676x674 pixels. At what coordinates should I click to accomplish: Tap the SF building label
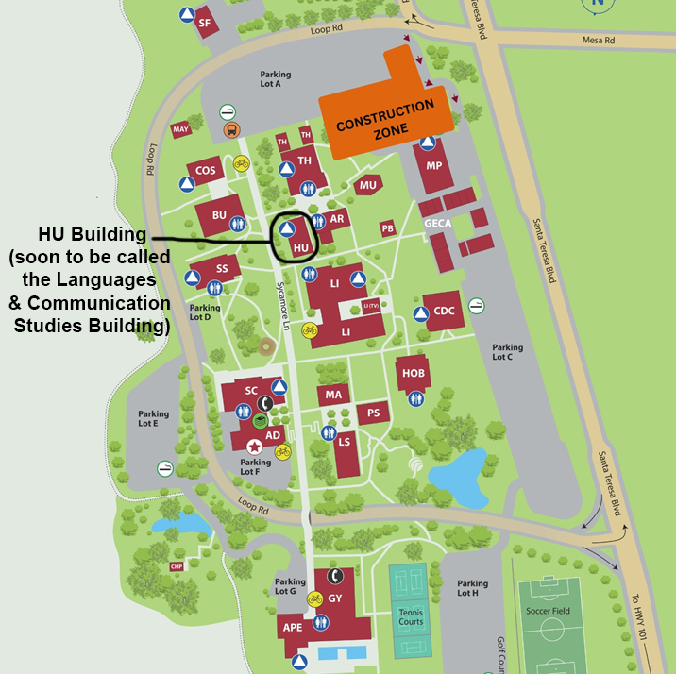pyautogui.click(x=204, y=25)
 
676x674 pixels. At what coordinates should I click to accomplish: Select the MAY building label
pyautogui.click(x=181, y=129)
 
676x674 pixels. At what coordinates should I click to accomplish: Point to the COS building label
pyautogui.click(x=205, y=171)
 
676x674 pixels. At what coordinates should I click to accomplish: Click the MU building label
pyautogui.click(x=368, y=186)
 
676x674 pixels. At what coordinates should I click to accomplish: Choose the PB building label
pyautogui.click(x=387, y=228)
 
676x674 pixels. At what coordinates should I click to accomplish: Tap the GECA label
pyautogui.click(x=438, y=223)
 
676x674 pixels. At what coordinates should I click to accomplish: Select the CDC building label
pyautogui.click(x=445, y=311)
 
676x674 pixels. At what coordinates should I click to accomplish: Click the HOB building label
pyautogui.click(x=414, y=373)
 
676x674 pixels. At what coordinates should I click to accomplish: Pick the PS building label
pyautogui.click(x=374, y=413)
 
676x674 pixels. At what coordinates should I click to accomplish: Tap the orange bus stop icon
pyautogui.click(x=228, y=130)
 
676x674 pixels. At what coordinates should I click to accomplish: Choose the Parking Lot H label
pyautogui.click(x=473, y=588)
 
